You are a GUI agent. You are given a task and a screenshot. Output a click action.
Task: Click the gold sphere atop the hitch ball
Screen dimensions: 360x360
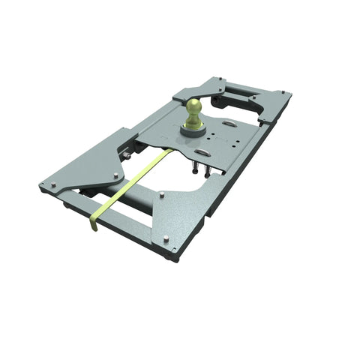pos(194,107)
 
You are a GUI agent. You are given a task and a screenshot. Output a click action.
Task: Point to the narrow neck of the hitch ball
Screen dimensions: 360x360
pos(194,120)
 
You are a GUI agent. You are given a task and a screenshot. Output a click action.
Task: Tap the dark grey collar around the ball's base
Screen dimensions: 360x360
pos(193,130)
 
